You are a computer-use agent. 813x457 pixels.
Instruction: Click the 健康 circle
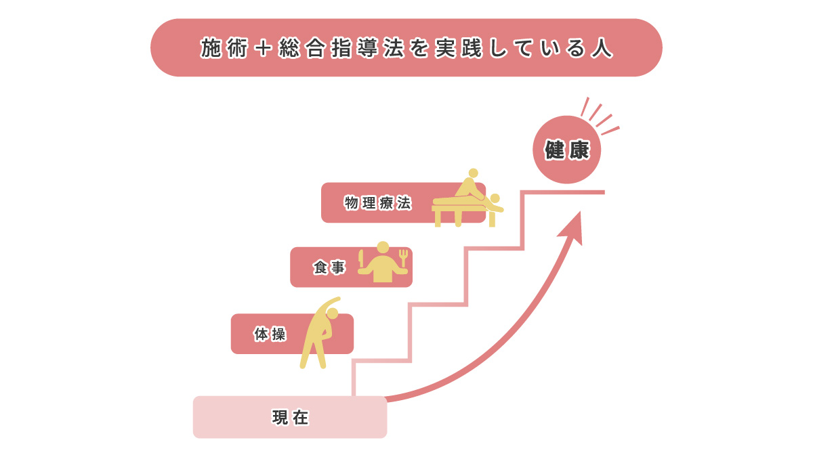566,150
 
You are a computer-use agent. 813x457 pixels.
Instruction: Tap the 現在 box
290,417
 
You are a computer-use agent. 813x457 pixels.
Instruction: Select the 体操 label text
269,334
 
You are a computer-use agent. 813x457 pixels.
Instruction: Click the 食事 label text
329,268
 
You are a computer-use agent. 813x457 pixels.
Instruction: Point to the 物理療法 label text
377,203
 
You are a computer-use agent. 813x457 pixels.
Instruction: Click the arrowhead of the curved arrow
573,227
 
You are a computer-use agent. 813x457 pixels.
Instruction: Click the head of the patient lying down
495,198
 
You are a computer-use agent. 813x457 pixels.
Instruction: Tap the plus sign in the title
265,49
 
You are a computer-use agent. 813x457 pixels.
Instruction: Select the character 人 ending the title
601,49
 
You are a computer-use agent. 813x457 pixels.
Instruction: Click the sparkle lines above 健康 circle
596,115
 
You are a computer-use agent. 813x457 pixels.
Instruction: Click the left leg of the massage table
438,217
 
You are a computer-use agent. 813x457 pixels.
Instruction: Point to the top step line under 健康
562,192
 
